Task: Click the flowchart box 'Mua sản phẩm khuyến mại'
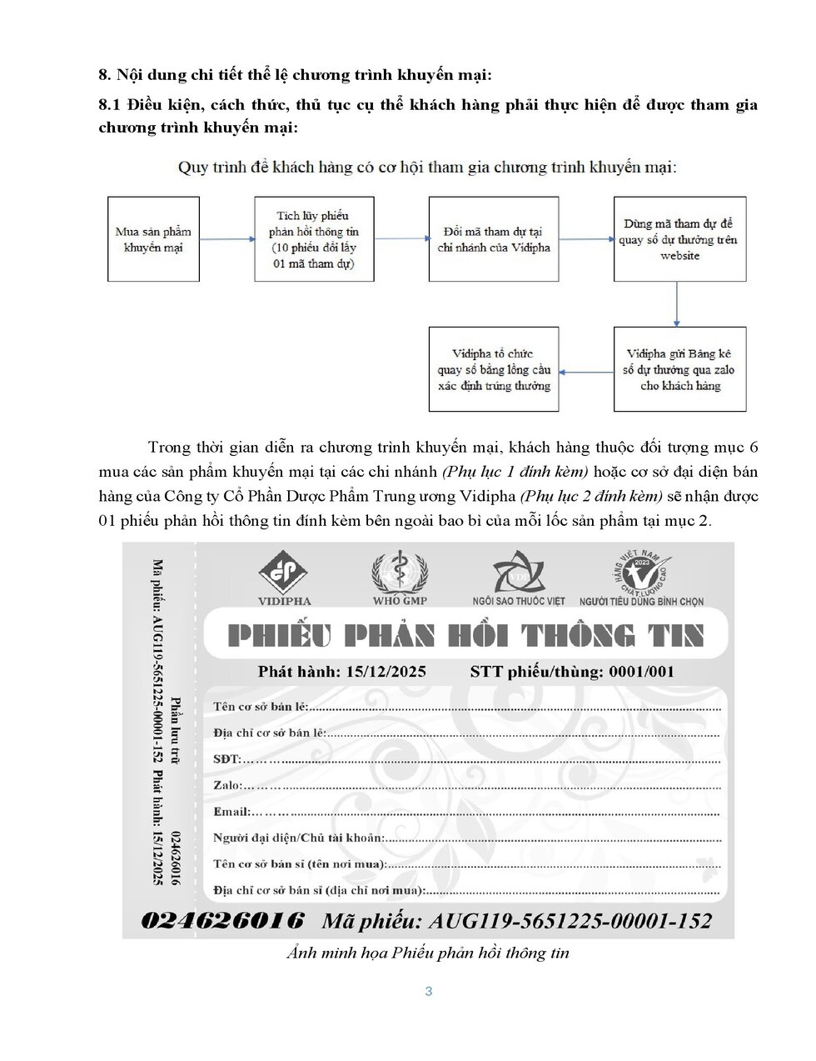153,239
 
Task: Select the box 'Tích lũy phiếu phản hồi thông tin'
314,239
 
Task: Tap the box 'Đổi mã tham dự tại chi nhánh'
494,239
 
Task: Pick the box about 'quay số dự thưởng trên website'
679,239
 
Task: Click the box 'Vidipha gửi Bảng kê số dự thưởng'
679,369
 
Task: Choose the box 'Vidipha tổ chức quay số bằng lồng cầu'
494,369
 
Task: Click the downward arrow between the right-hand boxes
677,303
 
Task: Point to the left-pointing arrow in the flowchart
586,372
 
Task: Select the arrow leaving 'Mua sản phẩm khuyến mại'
226,239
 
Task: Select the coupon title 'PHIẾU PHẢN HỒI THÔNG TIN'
465,637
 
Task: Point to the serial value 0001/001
641,672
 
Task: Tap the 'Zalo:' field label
227,785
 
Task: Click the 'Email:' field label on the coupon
231,811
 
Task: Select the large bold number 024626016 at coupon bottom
222,920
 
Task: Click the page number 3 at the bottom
429,991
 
